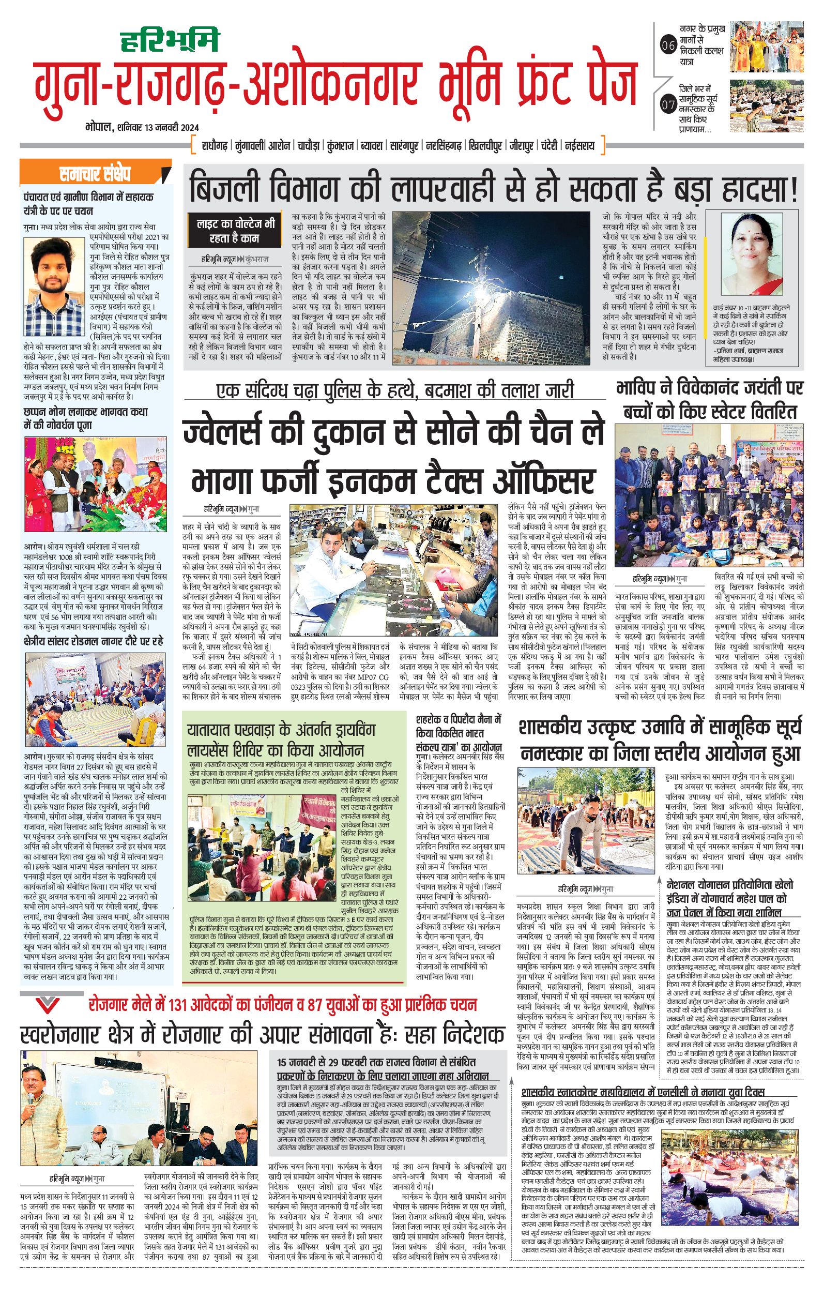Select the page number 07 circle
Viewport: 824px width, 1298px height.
pos(668,105)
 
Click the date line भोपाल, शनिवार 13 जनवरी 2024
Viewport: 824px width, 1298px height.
pos(142,128)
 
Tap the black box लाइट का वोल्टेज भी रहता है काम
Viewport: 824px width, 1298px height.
pos(234,230)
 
